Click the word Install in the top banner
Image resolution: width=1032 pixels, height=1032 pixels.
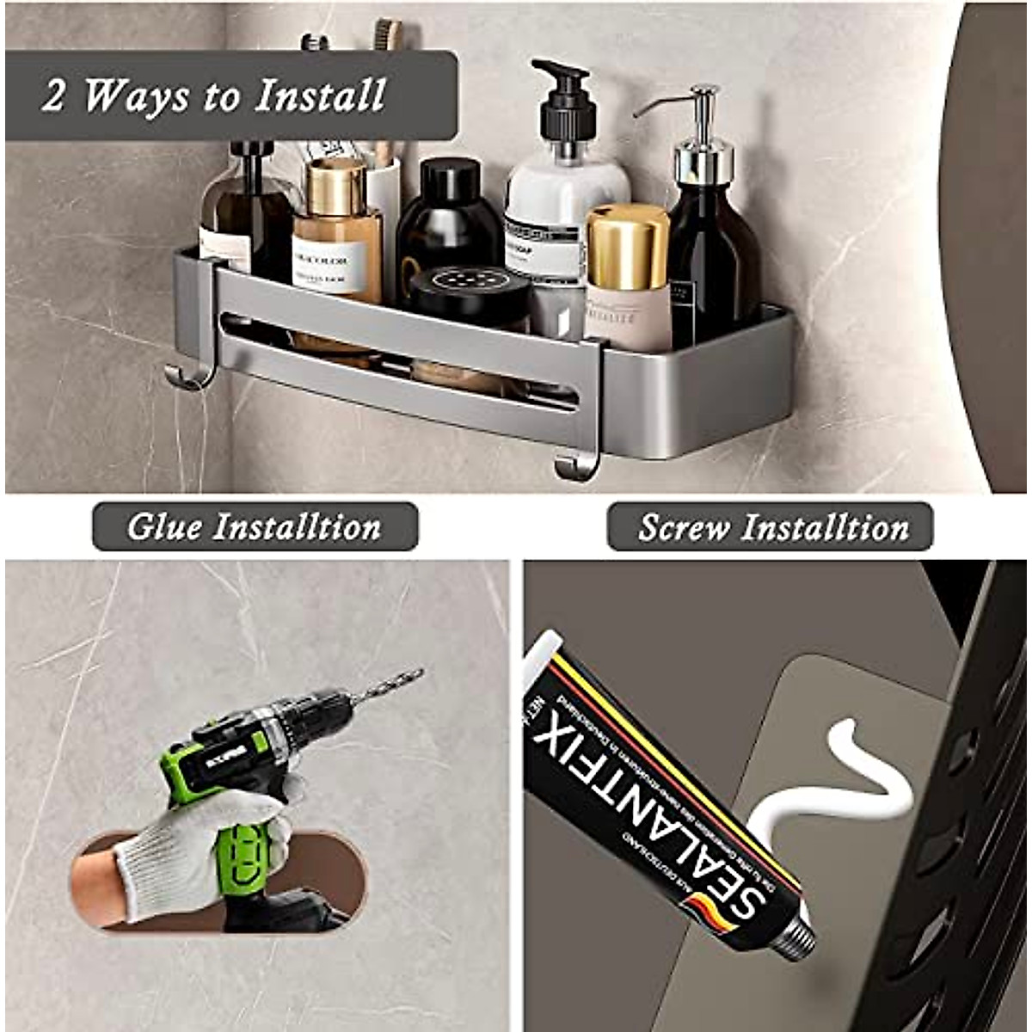(x=320, y=95)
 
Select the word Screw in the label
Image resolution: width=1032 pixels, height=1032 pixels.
(x=684, y=527)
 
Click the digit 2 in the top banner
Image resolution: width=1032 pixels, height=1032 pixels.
(x=53, y=95)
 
